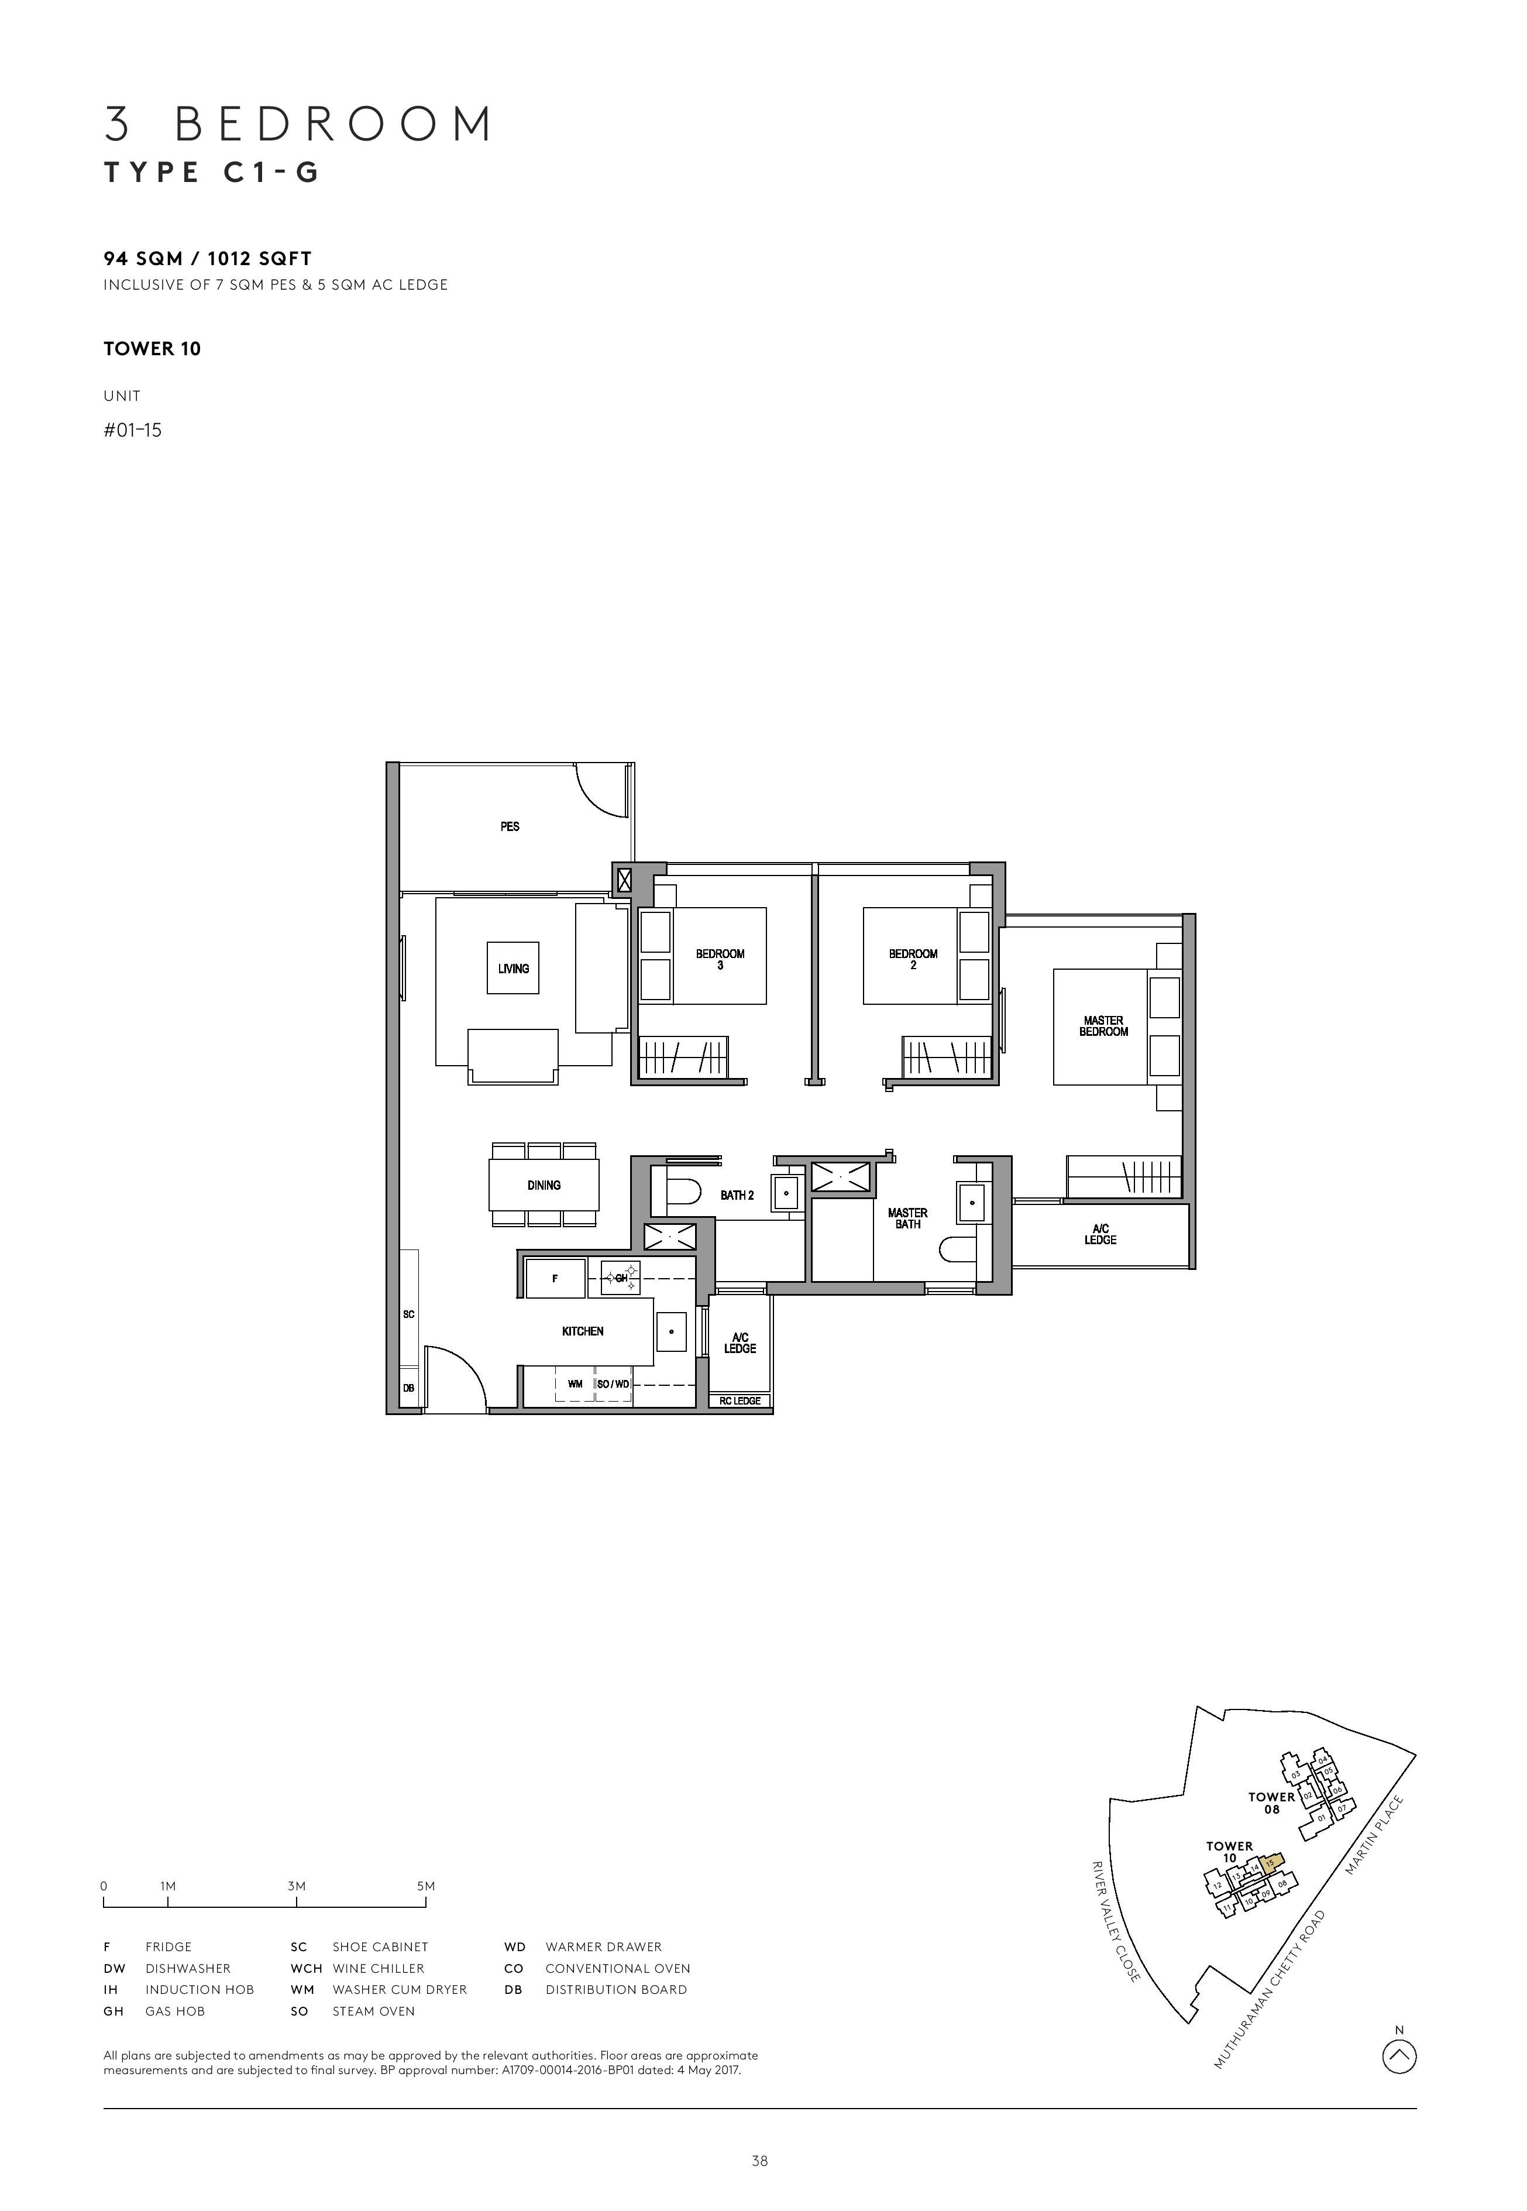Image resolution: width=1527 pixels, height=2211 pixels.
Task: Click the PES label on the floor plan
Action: point(510,826)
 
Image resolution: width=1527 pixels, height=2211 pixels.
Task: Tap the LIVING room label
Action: point(513,969)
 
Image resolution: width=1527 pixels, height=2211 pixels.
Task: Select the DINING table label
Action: point(544,1185)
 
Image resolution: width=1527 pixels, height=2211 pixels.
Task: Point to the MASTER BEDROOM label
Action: point(1103,1026)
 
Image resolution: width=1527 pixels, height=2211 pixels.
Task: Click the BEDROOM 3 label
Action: point(720,959)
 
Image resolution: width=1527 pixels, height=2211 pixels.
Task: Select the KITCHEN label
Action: point(583,1331)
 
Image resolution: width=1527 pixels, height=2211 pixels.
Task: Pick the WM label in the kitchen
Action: point(575,1384)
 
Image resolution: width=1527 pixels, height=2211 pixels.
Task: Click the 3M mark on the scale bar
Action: point(295,1887)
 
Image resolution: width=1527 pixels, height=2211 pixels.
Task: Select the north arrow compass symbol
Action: point(1399,2054)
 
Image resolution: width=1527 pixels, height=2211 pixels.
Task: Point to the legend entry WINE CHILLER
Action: point(378,1969)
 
